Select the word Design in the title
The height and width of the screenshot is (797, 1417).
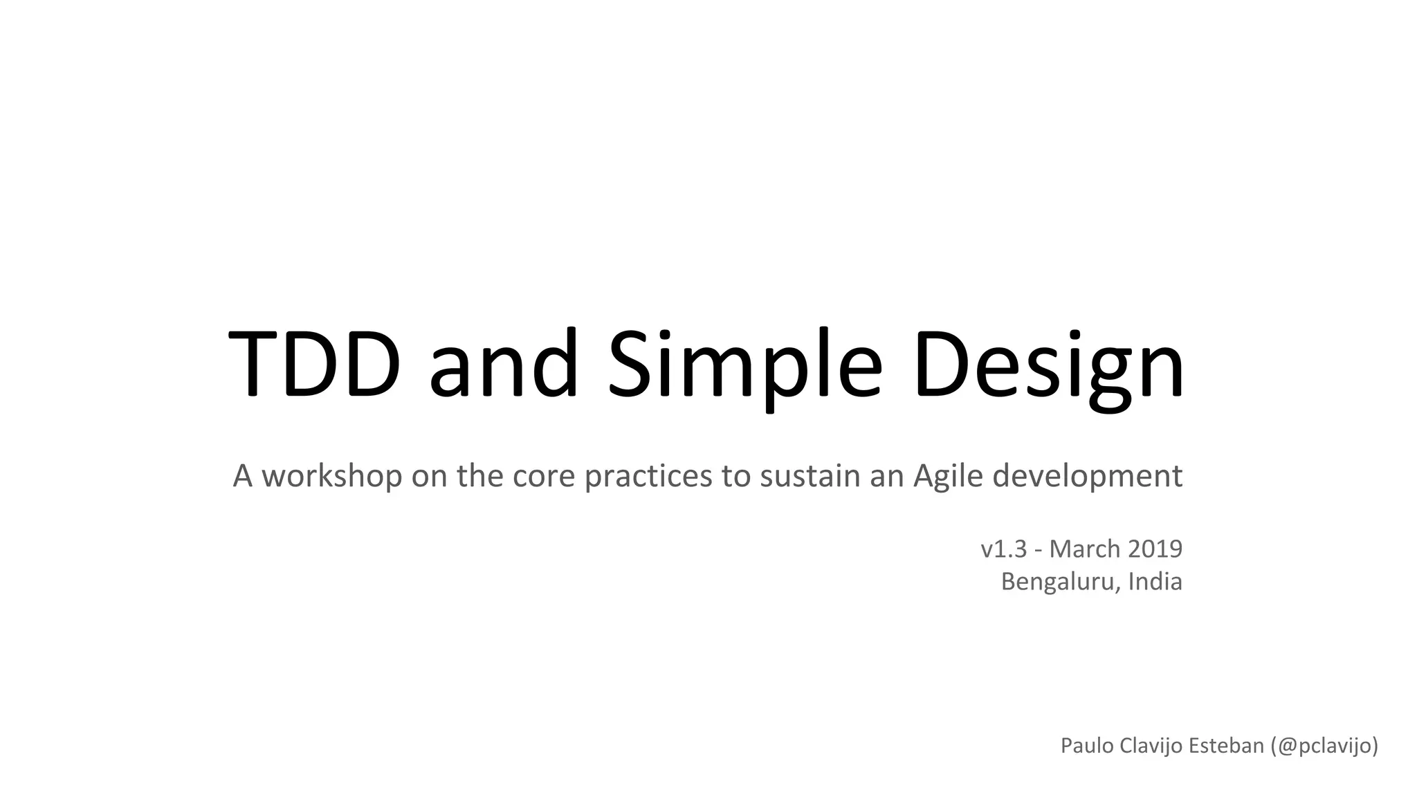(1048, 364)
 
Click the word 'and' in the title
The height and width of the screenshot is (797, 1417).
(503, 364)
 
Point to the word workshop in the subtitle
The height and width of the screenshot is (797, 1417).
(331, 476)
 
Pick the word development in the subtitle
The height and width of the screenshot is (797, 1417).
(1087, 476)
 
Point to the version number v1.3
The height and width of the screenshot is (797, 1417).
(1003, 549)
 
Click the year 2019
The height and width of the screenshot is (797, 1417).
(1155, 549)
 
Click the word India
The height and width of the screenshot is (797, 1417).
(1155, 581)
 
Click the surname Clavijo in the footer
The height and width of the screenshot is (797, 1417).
(1150, 746)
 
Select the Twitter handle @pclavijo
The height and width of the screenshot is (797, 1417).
(1324, 746)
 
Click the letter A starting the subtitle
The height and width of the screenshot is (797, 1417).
(242, 476)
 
